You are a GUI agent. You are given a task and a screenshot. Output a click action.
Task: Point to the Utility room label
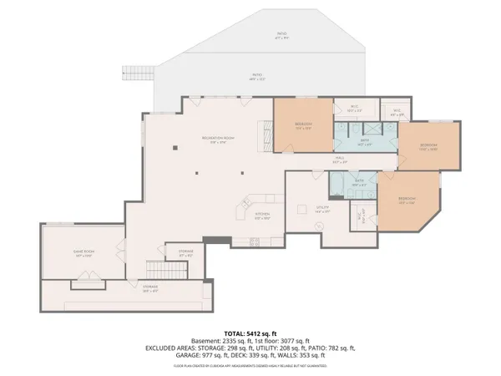click(x=323, y=210)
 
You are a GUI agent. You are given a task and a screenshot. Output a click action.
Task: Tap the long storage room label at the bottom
click(x=150, y=288)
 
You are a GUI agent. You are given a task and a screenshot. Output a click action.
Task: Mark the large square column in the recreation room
click(x=175, y=148)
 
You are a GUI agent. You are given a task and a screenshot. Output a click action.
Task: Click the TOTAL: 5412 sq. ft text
click(x=250, y=333)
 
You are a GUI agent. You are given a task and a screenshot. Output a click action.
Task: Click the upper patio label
click(x=281, y=35)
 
